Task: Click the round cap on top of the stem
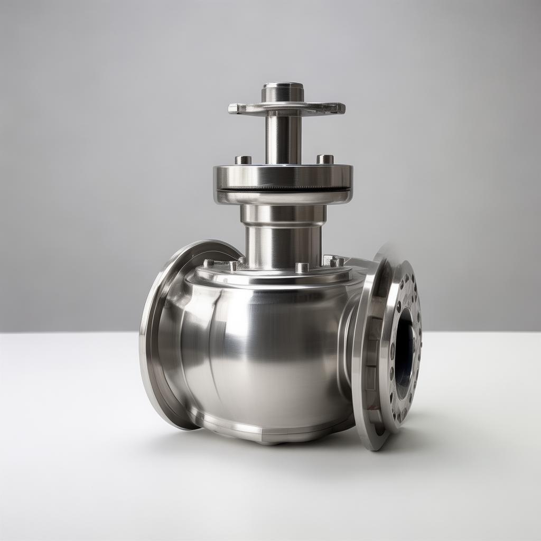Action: click(x=283, y=91)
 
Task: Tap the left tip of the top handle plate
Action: click(x=233, y=108)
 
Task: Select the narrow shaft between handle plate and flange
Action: click(x=283, y=138)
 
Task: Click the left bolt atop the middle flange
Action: click(x=243, y=160)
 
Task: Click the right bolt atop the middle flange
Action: click(x=325, y=159)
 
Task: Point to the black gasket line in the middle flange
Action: click(x=283, y=189)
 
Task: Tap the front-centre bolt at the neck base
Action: click(x=302, y=267)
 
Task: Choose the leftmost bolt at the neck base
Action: click(x=209, y=263)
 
